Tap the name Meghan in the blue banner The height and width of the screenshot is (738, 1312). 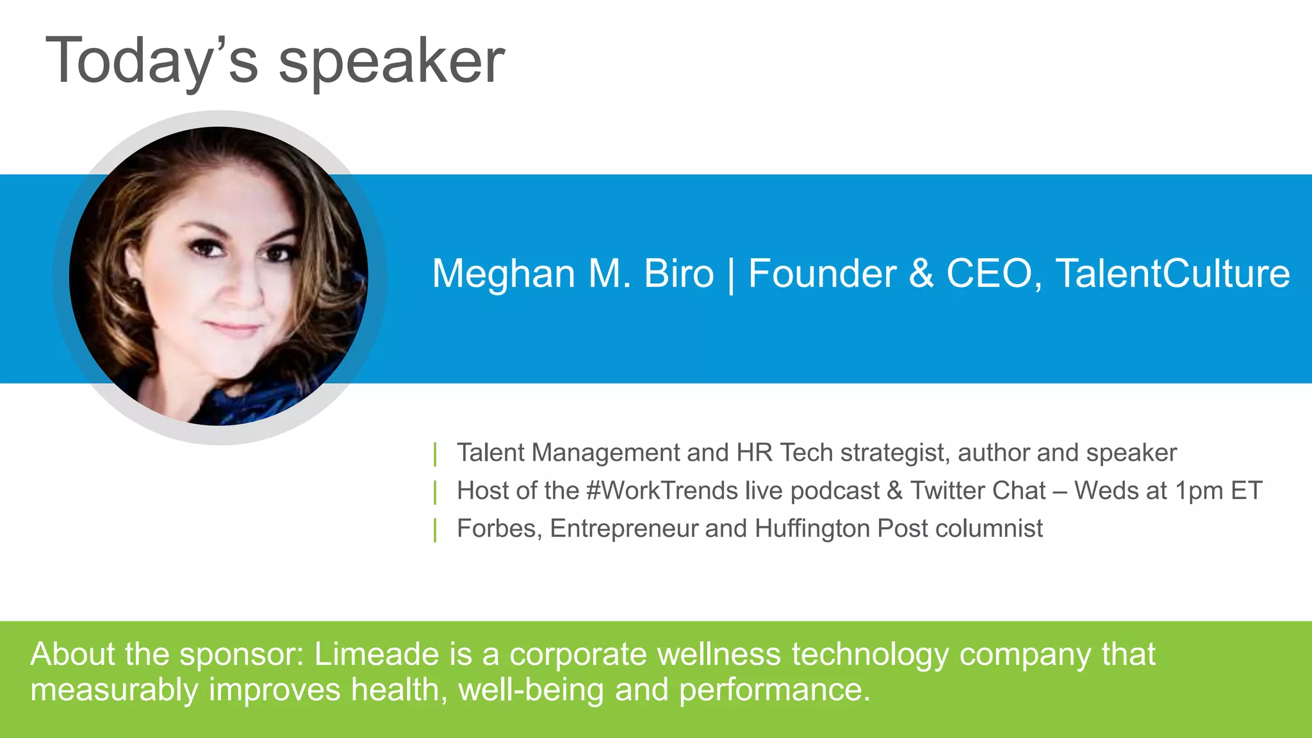(x=504, y=274)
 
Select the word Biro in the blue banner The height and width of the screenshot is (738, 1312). (x=678, y=274)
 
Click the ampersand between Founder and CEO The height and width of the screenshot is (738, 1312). (x=921, y=274)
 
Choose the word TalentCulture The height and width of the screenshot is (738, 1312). (x=1172, y=274)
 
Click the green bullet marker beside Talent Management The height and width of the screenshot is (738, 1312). (x=436, y=454)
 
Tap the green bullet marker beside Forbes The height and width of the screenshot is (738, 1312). (x=436, y=530)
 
